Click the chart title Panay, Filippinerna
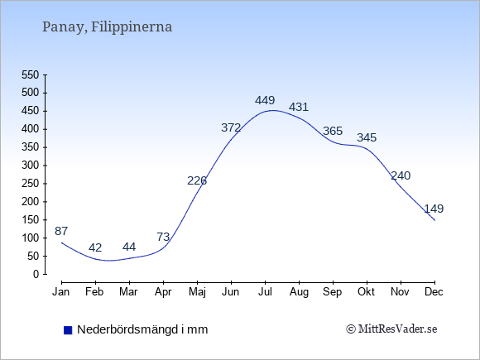click(x=107, y=27)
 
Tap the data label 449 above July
click(x=265, y=100)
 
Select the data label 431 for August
click(x=299, y=107)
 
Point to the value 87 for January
click(x=61, y=231)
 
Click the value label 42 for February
click(x=95, y=247)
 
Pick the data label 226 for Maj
click(x=197, y=181)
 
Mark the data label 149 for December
click(x=434, y=209)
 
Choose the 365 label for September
click(x=333, y=131)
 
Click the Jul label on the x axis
click(x=265, y=292)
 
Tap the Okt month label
click(x=366, y=292)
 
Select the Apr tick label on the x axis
click(x=163, y=292)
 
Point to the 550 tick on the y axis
click(x=31, y=75)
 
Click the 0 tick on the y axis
click(x=36, y=274)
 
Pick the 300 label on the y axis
click(x=31, y=166)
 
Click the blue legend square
click(x=68, y=330)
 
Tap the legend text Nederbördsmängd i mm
click(x=142, y=329)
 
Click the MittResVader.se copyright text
click(x=391, y=329)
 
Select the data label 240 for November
click(x=401, y=175)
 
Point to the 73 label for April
click(x=163, y=237)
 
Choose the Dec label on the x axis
click(x=434, y=292)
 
